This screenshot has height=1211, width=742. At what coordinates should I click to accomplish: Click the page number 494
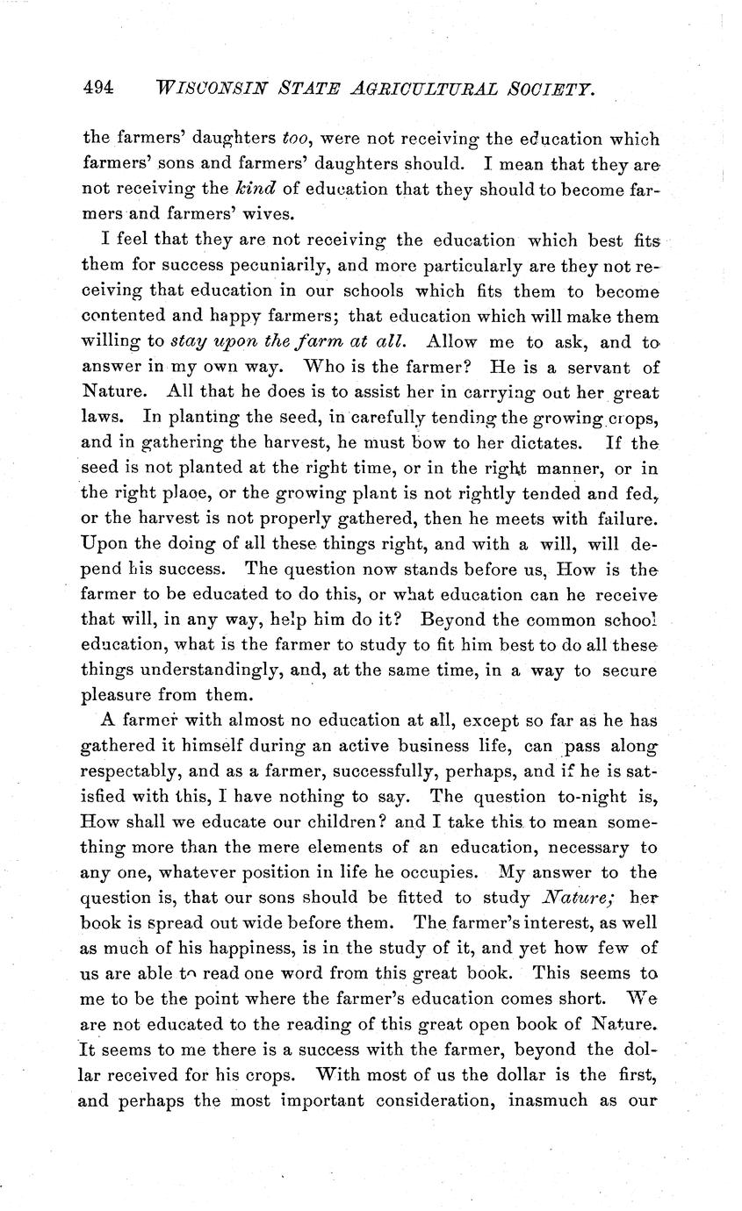(x=98, y=87)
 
